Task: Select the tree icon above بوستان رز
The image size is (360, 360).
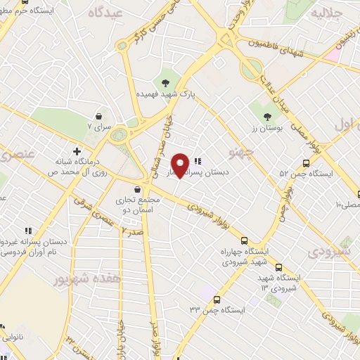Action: (267, 117)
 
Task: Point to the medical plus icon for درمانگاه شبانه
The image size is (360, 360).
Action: (77, 150)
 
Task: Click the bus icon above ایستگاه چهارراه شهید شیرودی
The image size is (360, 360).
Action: (243, 240)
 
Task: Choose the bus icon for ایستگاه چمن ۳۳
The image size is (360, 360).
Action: (217, 298)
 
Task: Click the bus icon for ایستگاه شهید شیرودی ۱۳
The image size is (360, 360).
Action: (279, 267)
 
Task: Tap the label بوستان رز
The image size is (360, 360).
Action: (267, 130)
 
